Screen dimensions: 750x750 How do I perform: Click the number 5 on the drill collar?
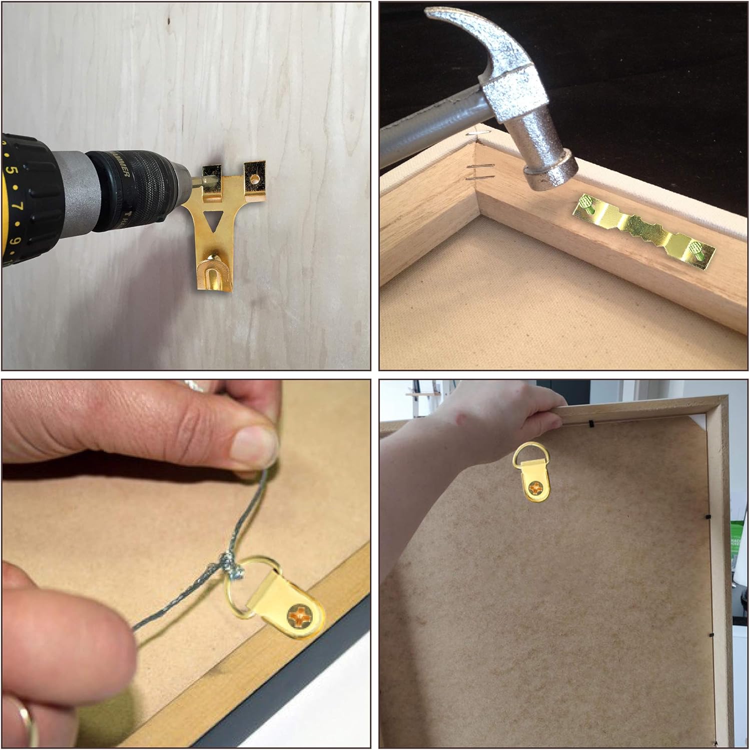tap(14, 171)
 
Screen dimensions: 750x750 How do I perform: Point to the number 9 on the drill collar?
tap(16, 241)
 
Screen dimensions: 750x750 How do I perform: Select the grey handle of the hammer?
tap(425, 130)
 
